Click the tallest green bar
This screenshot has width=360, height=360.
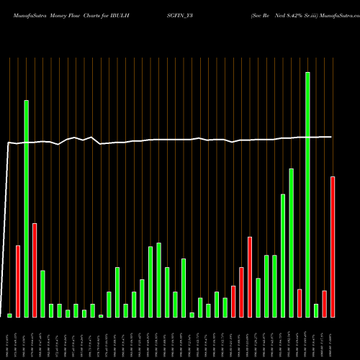[x=307, y=194]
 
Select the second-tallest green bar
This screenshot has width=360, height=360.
[x=27, y=209]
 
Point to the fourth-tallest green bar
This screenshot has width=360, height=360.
[x=283, y=256]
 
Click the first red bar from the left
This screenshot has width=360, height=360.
[x=18, y=281]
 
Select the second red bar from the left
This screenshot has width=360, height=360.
[x=35, y=270]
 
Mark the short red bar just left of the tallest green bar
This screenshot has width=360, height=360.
[x=300, y=302]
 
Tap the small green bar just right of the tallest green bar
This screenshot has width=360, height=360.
[x=316, y=310]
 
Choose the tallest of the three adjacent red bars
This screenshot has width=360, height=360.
[x=250, y=276]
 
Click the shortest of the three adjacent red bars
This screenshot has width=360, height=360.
[x=233, y=301]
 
